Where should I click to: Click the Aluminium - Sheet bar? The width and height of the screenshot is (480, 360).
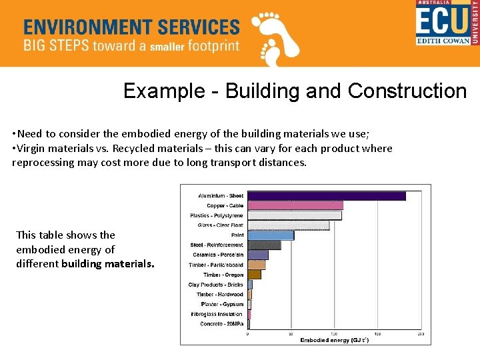coord(327,196)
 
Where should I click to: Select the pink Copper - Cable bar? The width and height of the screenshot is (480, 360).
coord(295,205)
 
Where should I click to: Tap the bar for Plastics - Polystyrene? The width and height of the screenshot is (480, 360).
coord(295,215)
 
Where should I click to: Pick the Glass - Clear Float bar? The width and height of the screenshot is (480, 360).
coord(288,225)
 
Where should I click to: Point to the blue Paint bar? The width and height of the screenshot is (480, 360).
coord(271,235)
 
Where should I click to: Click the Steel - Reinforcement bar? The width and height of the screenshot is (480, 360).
coord(264,245)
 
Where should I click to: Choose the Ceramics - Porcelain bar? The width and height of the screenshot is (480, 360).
coord(258,255)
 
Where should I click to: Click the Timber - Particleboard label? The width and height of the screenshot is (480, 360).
coord(216,265)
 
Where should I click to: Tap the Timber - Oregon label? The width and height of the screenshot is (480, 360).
coord(223,275)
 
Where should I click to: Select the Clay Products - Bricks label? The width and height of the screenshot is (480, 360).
coord(215,285)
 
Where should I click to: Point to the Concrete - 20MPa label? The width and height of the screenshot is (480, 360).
coord(221,324)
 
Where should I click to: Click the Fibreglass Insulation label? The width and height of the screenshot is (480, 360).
coord(217,314)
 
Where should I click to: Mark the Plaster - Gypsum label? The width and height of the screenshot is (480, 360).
coord(222,304)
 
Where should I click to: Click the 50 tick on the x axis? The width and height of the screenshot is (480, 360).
coord(291,334)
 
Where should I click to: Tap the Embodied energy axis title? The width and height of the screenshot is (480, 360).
coord(334,340)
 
